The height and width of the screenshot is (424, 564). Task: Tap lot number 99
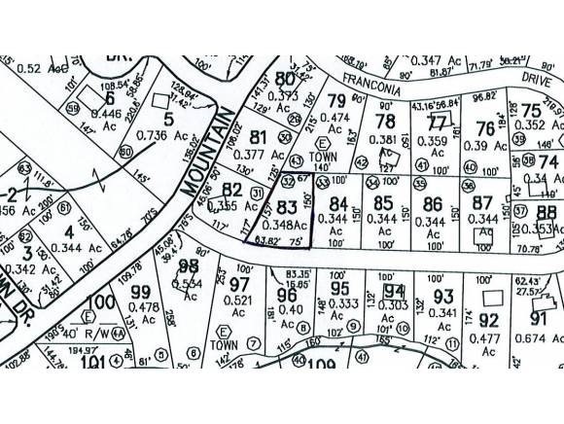[140, 292]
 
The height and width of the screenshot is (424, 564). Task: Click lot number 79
[336, 101]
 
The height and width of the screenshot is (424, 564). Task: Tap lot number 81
[258, 135]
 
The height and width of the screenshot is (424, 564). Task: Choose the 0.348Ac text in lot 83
[288, 226]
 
